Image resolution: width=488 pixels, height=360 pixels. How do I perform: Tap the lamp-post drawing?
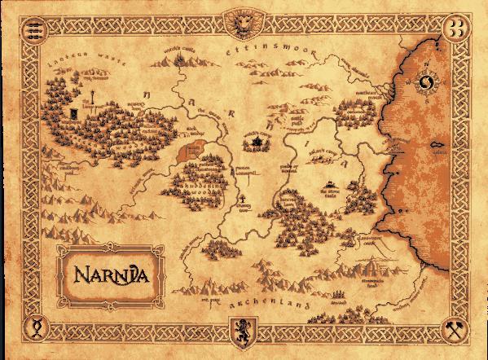tap(75, 113)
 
